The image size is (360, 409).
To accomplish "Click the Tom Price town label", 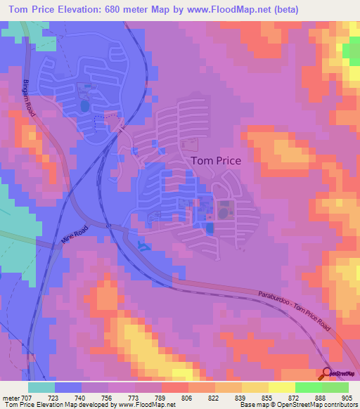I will (216, 160).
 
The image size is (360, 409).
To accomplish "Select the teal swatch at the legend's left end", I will (41, 387).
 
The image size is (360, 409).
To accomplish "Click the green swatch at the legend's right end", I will (335, 387).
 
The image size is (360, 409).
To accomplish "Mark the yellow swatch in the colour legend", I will (255, 387).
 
